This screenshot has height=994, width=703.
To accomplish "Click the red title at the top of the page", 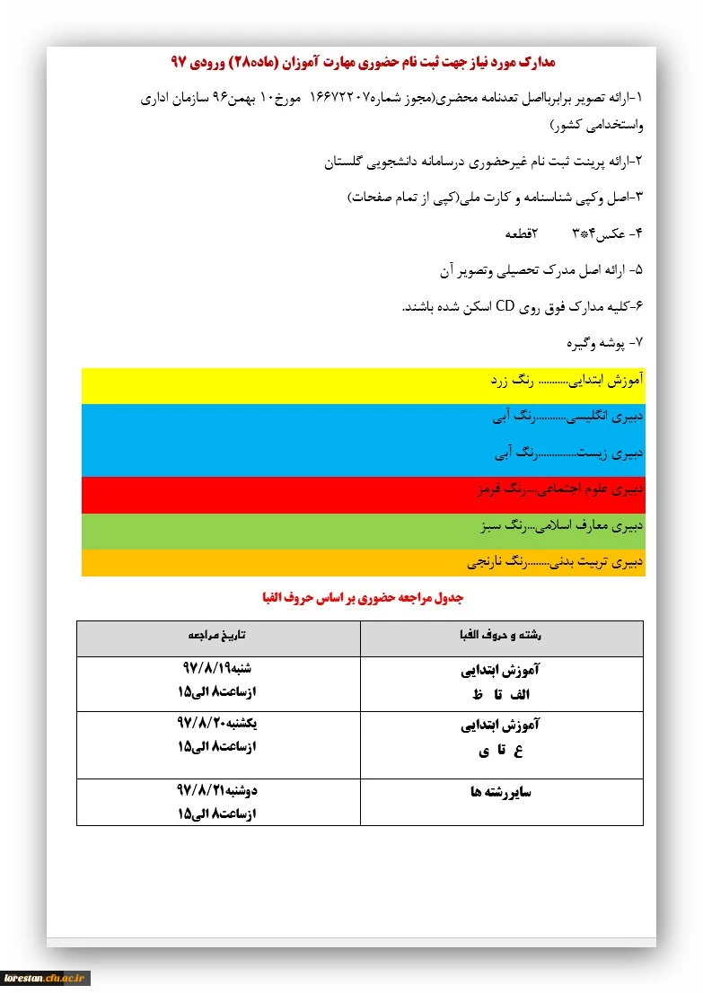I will point(363,62).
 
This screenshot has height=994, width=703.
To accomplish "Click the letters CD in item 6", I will point(505,306).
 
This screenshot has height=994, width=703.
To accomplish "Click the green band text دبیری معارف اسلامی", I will point(558,526).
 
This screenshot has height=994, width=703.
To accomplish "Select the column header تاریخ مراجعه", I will point(217,635).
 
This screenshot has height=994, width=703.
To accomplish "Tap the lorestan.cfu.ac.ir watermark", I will point(45,978).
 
